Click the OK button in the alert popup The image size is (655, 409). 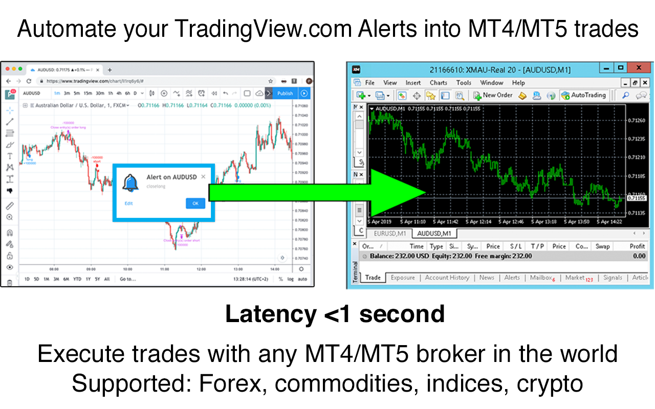195,203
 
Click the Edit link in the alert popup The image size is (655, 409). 128,203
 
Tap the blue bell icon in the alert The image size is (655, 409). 130,183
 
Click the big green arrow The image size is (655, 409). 317,192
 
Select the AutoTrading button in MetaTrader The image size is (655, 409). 583,95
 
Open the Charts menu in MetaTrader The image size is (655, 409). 438,82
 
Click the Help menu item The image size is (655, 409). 518,82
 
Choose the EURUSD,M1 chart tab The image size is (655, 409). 389,233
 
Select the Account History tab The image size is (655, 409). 447,278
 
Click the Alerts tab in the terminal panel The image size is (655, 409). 512,278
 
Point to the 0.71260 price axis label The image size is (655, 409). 637,121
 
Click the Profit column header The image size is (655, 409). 637,246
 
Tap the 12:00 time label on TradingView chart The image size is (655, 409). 201,268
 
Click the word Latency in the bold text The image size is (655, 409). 271,314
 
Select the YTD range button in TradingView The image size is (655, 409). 77,279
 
